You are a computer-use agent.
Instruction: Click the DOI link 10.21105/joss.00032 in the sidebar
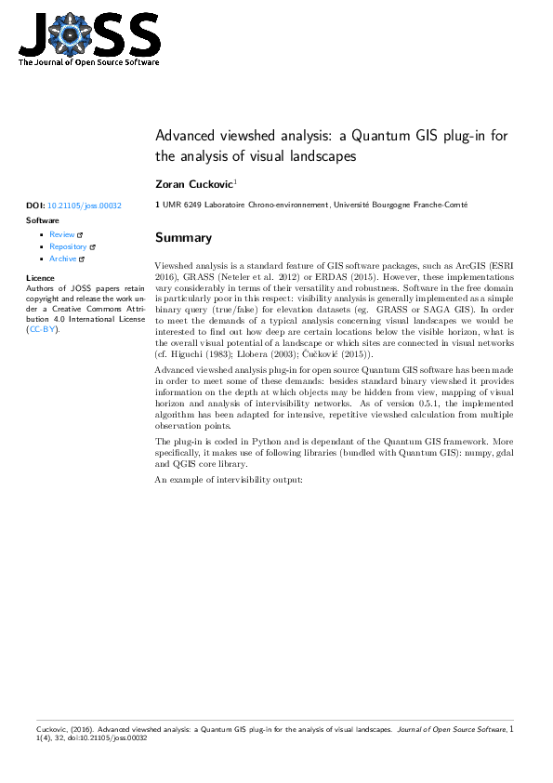click(84, 205)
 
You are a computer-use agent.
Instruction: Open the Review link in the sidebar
click(62, 235)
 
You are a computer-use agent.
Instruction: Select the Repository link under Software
click(68, 247)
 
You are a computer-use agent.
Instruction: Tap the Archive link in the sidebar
click(63, 259)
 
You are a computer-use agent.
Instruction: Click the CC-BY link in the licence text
click(42, 329)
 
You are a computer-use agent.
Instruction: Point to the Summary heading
click(183, 238)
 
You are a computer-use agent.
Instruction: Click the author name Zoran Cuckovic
click(194, 184)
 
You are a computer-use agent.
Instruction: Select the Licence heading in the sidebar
click(41, 278)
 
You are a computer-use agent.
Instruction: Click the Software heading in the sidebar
click(43, 220)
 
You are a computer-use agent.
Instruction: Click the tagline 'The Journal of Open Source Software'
click(88, 63)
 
